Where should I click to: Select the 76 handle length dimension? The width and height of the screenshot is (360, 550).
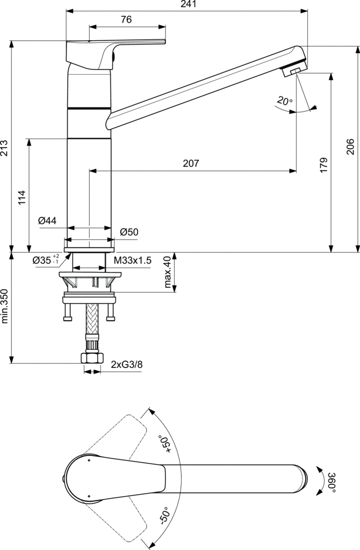tap(126, 20)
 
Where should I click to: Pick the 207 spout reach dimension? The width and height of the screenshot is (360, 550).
tap(191, 164)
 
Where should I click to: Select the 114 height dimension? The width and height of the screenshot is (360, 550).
tap(22, 198)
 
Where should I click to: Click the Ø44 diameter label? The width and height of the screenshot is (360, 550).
tap(48, 221)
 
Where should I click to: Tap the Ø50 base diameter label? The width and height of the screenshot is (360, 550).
tap(129, 232)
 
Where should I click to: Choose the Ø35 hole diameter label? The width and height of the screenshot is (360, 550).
tap(46, 260)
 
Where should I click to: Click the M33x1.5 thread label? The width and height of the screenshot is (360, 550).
tap(133, 260)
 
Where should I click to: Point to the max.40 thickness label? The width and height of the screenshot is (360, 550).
tap(167, 273)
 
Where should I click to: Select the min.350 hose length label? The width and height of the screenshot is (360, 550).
tap(5, 307)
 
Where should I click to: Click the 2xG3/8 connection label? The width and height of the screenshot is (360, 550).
tap(127, 365)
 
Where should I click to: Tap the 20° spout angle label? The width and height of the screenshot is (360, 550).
tap(285, 100)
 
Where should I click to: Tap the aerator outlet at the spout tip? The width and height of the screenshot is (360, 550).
tap(296, 70)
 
